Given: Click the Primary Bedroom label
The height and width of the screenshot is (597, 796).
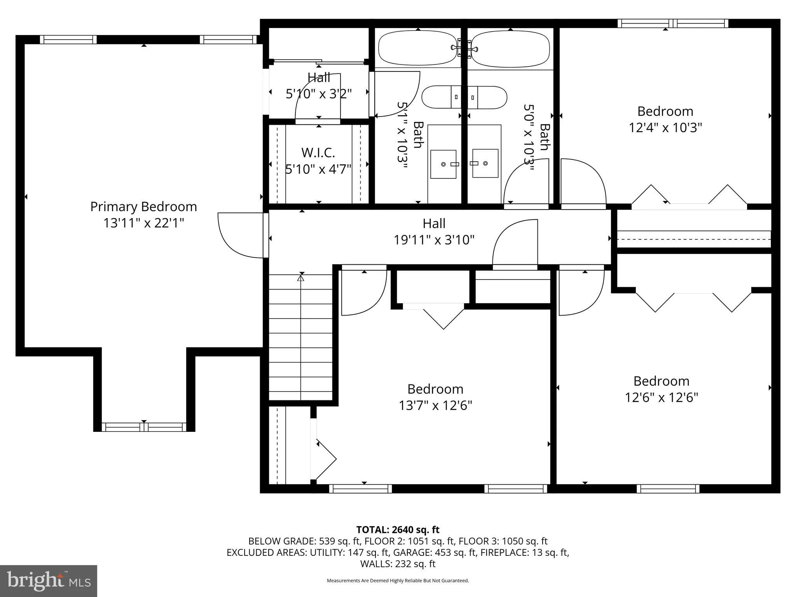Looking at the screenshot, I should (x=143, y=206).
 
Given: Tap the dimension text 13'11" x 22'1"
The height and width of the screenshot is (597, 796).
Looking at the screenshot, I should (x=143, y=223).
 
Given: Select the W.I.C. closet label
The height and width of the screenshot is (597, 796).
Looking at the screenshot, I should (x=318, y=153).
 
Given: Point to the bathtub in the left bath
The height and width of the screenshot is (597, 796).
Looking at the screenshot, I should (x=417, y=48).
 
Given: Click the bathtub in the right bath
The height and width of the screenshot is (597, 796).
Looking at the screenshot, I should (x=510, y=49).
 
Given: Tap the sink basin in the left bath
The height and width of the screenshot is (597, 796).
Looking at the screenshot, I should (x=443, y=164).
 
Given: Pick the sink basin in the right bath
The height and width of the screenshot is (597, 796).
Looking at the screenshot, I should (x=485, y=163).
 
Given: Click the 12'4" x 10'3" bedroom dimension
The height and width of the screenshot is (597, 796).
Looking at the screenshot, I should (x=665, y=128).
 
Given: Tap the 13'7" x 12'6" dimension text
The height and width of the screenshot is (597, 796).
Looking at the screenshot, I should (x=435, y=406).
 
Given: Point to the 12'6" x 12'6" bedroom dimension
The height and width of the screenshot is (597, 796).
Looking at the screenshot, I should (x=662, y=398).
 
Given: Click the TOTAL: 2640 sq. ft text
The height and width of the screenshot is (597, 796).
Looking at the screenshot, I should (x=398, y=529).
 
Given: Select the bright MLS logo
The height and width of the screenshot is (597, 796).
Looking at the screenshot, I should (x=49, y=581).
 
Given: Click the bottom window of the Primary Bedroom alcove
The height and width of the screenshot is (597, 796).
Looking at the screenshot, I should (x=144, y=427).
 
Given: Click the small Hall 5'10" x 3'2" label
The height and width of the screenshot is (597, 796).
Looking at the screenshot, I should (x=319, y=78).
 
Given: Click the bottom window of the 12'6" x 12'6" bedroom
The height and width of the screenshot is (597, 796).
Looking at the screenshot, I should (x=668, y=489).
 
